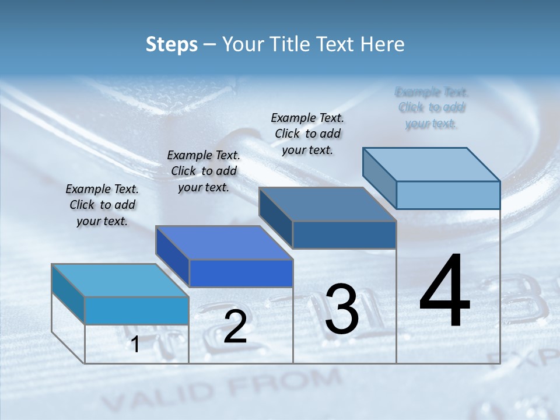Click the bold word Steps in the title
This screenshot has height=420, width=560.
[171, 44]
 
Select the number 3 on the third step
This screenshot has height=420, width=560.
[342, 310]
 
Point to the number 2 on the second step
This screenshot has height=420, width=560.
[235, 327]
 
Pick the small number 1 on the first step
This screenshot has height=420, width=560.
[135, 345]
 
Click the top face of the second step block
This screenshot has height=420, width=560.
[224, 243]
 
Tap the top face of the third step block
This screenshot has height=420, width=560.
[328, 204]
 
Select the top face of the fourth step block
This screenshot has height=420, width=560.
[432, 164]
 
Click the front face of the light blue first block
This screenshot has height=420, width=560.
[136, 310]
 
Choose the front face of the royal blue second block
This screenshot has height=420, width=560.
[241, 273]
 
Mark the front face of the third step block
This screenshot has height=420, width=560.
[344, 235]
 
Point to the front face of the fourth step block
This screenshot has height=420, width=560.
[448, 195]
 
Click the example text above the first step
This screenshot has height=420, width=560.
[102, 205]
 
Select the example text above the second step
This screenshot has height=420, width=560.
[204, 171]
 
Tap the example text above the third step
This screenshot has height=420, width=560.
[307, 134]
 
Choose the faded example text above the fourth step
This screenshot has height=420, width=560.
[432, 107]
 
